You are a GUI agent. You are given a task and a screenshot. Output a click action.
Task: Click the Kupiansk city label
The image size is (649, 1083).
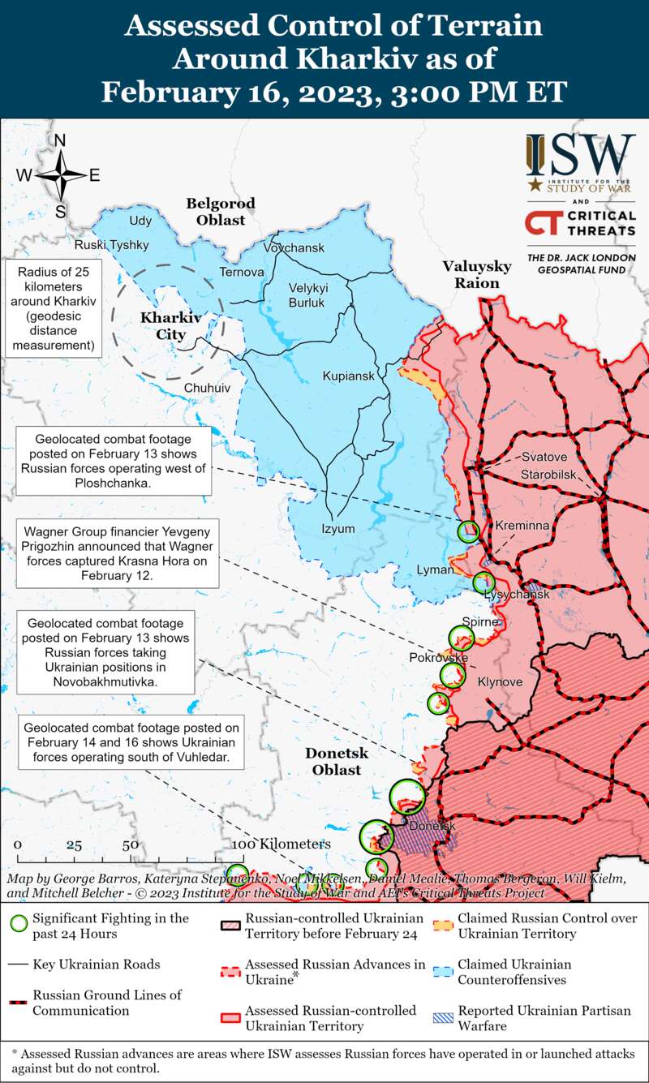[x=349, y=376]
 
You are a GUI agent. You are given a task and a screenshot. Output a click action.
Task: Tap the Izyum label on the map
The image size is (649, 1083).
[x=338, y=529]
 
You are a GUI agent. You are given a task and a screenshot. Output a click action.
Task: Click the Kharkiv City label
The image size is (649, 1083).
[x=163, y=326]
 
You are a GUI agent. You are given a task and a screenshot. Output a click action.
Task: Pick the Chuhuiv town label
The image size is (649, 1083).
[x=207, y=389]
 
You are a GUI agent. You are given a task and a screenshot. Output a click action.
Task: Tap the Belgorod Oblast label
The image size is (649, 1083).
[x=220, y=211]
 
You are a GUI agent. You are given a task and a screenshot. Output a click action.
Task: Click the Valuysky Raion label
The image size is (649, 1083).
[x=476, y=274]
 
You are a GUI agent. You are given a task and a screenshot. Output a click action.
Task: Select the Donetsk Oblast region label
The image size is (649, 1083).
[x=337, y=762]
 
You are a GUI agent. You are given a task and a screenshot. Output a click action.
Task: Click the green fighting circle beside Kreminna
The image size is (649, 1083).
[x=469, y=531]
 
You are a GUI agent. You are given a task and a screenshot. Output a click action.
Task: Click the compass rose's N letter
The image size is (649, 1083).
[x=59, y=140]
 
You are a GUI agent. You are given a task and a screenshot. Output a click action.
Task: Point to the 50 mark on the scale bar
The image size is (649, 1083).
[x=130, y=844]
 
